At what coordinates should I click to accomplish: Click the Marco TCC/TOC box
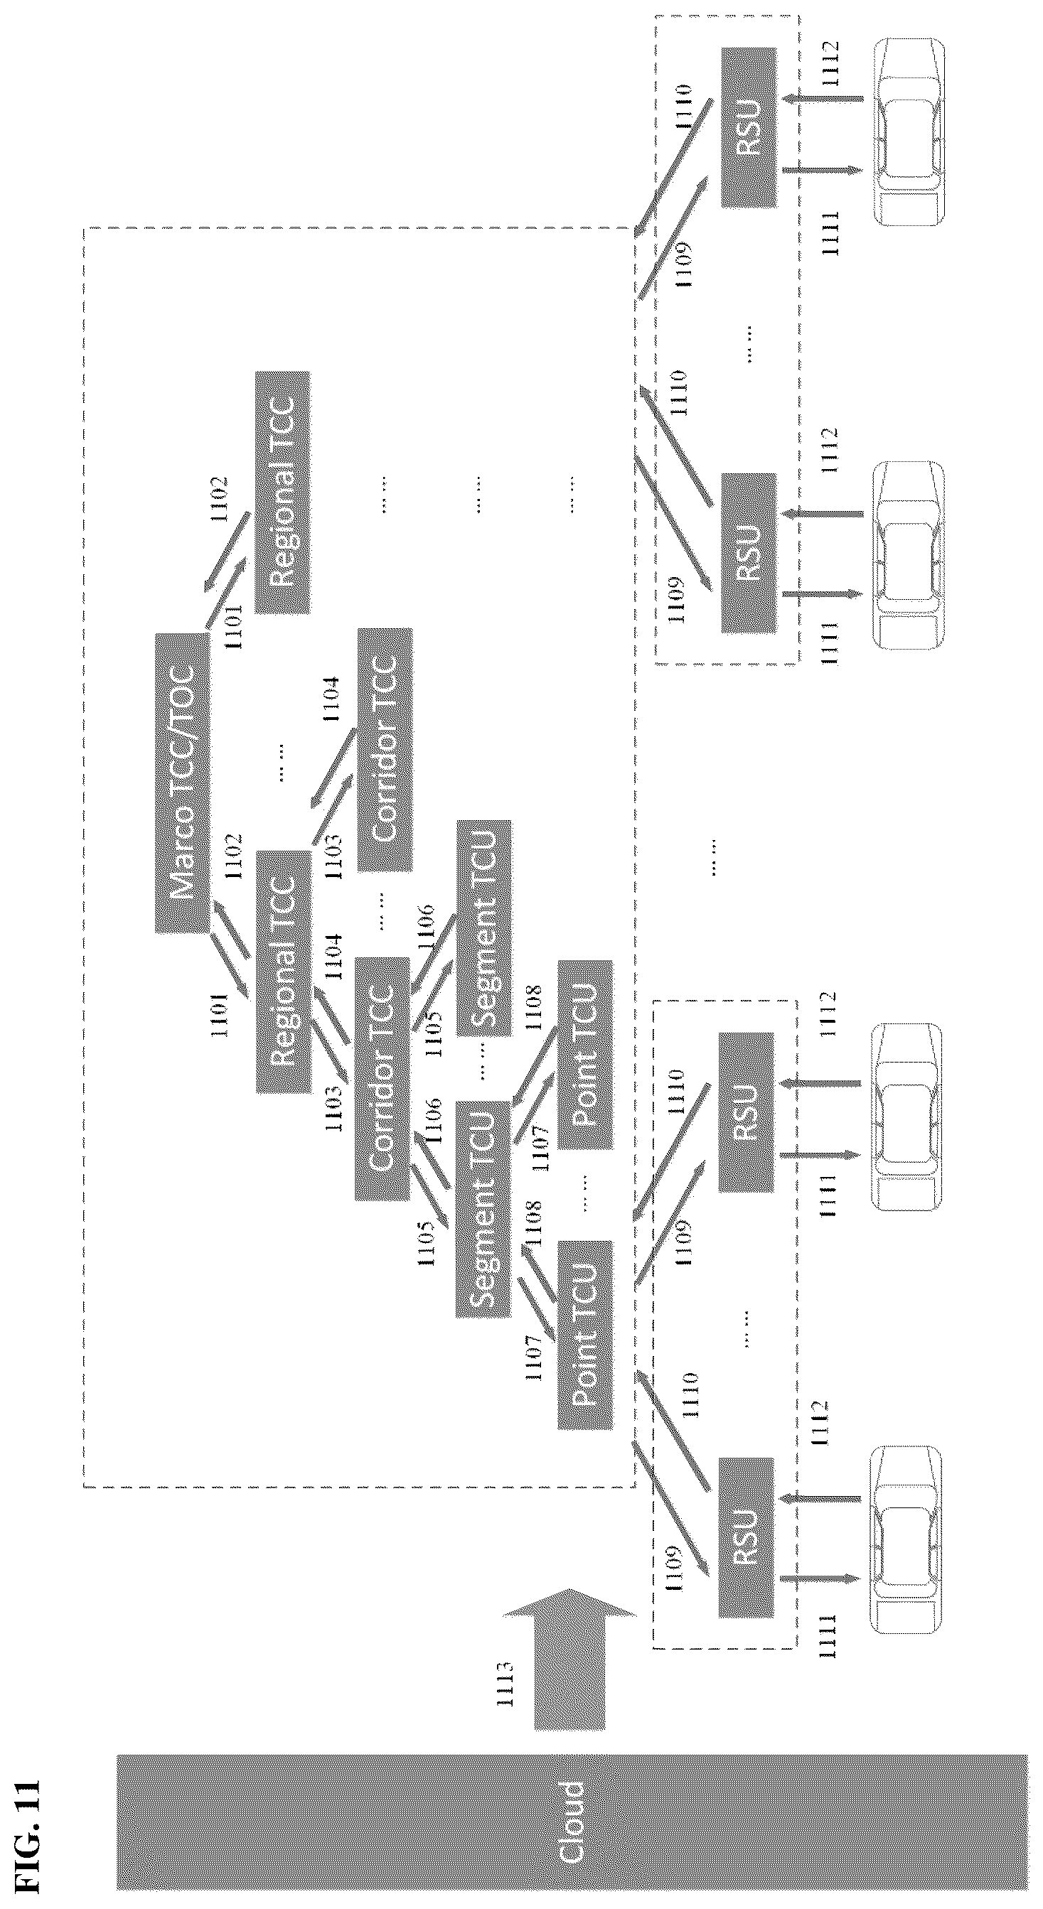tap(182, 783)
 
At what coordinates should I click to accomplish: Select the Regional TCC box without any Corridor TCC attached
tap(282, 492)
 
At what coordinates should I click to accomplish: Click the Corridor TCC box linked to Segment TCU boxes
tap(382, 1078)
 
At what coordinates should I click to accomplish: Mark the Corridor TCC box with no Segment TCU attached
tap(385, 749)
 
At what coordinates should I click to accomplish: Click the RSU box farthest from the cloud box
tap(749, 127)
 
